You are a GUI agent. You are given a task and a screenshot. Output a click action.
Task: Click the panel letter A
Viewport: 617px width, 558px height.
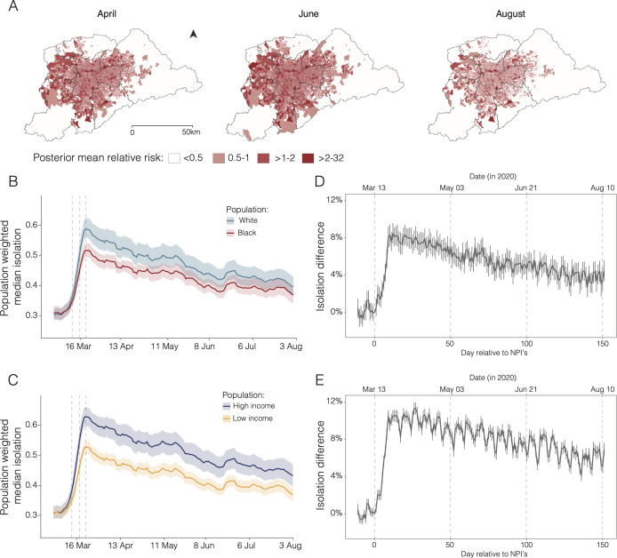point(13,6)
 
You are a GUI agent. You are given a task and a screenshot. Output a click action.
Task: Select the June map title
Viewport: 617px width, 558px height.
point(308,13)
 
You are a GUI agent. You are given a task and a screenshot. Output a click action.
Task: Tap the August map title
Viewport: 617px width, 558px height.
point(510,13)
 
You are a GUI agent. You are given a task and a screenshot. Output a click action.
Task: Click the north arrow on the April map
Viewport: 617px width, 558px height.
point(193,35)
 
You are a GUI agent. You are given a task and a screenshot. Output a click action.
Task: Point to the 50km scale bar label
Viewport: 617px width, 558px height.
point(191,132)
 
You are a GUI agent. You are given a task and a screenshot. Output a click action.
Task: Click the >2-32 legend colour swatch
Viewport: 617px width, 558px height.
point(308,158)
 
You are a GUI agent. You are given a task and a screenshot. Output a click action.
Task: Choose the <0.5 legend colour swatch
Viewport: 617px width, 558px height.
point(174,158)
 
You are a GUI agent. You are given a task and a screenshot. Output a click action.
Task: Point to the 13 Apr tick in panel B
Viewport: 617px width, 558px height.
point(121,347)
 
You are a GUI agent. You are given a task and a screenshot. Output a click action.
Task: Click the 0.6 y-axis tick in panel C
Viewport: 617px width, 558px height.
point(33,425)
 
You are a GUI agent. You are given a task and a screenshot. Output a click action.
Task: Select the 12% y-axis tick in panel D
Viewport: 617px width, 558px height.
point(334,200)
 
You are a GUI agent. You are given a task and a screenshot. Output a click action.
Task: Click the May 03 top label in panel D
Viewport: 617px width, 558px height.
point(452,188)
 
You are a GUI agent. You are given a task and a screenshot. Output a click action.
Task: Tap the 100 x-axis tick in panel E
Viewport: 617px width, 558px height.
point(526,545)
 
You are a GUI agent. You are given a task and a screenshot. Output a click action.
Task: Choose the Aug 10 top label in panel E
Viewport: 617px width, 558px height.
point(603,389)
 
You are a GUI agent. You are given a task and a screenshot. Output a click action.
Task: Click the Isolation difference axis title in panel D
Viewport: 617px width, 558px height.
point(321,267)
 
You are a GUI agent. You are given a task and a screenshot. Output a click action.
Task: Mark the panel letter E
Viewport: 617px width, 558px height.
point(320,380)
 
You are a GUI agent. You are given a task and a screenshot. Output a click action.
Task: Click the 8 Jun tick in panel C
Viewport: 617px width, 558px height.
point(204,546)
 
